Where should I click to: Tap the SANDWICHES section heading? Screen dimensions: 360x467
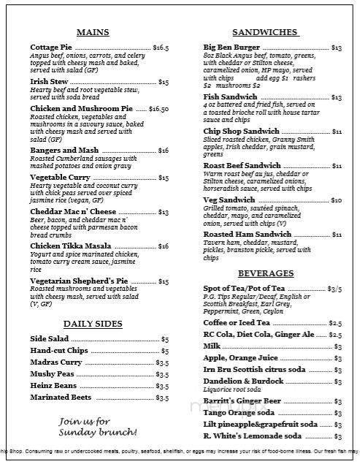click(264, 32)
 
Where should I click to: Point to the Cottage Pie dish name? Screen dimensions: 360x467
click(52, 48)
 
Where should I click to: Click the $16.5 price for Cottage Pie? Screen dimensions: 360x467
click(161, 48)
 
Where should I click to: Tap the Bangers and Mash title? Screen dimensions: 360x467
click(64, 149)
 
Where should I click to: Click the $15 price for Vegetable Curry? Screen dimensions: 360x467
click(164, 178)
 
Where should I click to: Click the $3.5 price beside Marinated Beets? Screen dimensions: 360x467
click(162, 398)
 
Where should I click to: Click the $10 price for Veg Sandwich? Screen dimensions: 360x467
click(337, 200)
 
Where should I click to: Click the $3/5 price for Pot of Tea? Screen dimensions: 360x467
click(334, 289)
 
